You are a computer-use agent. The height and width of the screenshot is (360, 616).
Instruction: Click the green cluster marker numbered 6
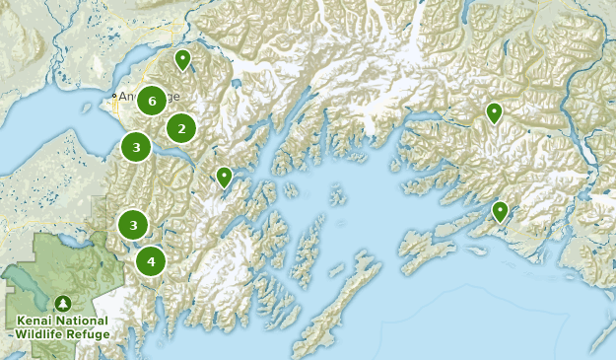(151, 99)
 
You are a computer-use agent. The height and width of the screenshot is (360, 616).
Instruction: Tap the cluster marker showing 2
(180, 127)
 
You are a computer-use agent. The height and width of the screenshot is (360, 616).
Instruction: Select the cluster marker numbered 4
(151, 261)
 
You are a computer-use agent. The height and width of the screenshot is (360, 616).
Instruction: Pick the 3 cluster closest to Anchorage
(136, 147)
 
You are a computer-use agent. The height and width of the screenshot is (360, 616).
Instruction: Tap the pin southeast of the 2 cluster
(224, 178)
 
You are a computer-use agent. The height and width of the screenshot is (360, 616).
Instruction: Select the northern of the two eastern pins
(494, 112)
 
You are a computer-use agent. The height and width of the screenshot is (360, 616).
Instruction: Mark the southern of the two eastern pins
(500, 211)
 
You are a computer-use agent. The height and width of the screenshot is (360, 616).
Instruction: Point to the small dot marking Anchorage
(114, 96)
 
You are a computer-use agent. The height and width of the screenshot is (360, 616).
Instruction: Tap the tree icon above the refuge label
(64, 303)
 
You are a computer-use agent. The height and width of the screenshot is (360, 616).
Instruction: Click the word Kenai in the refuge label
(36, 321)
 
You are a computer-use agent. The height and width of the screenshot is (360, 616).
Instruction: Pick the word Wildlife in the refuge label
(41, 333)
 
